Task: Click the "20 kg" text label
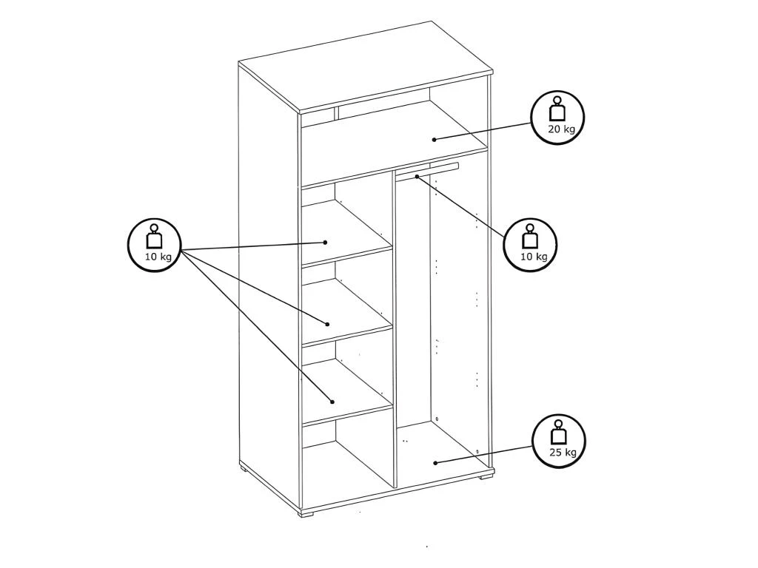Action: click(561, 129)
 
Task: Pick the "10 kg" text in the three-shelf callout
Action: click(158, 257)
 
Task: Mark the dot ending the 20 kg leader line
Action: click(435, 139)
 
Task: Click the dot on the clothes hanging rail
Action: click(417, 177)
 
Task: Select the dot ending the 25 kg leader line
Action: click(435, 463)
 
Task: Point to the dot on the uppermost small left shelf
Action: click(325, 242)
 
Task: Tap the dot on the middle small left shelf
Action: click(327, 324)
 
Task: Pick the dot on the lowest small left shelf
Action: click(332, 402)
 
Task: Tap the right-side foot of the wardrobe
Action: click(485, 476)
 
